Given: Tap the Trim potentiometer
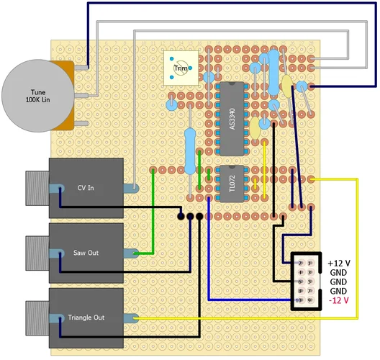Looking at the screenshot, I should (180, 68).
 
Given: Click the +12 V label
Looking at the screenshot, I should (339, 264).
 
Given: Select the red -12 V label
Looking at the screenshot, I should (339, 300).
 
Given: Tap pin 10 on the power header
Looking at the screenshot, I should (299, 300).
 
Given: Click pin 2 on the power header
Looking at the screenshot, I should (299, 264).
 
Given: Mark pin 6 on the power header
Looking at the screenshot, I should (299, 282).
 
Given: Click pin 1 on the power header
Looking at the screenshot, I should (310, 264).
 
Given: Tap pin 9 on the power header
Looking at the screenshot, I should (310, 300).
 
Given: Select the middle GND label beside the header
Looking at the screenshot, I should (339, 282).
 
